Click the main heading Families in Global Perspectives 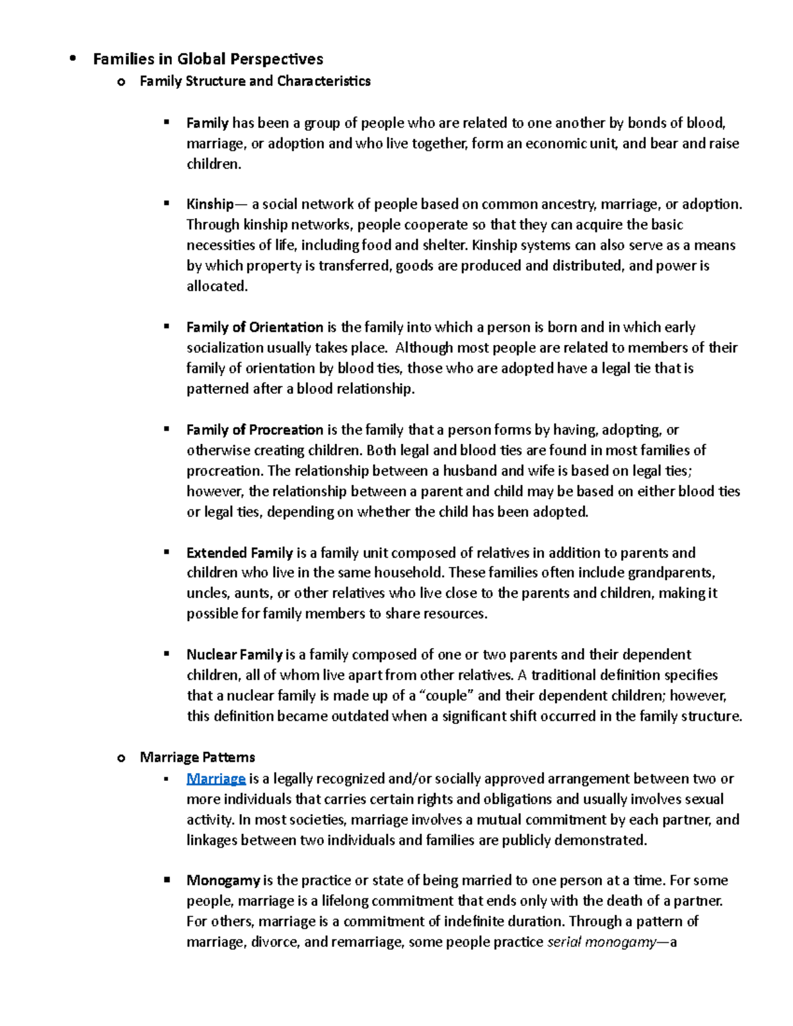[x=208, y=59]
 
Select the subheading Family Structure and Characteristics [x=254, y=81]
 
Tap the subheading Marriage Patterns [x=197, y=757]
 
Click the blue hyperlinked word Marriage [x=215, y=779]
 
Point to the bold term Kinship [x=209, y=204]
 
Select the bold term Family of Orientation [x=254, y=327]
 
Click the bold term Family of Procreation [x=254, y=430]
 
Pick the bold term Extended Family [x=239, y=553]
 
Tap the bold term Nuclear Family [x=234, y=655]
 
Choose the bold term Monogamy [x=223, y=881]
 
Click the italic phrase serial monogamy [x=601, y=942]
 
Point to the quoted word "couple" [x=447, y=696]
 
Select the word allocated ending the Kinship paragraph [x=216, y=287]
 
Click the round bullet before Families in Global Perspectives [x=73, y=59]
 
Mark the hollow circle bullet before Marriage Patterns [x=120, y=758]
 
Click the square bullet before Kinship [x=167, y=204]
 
